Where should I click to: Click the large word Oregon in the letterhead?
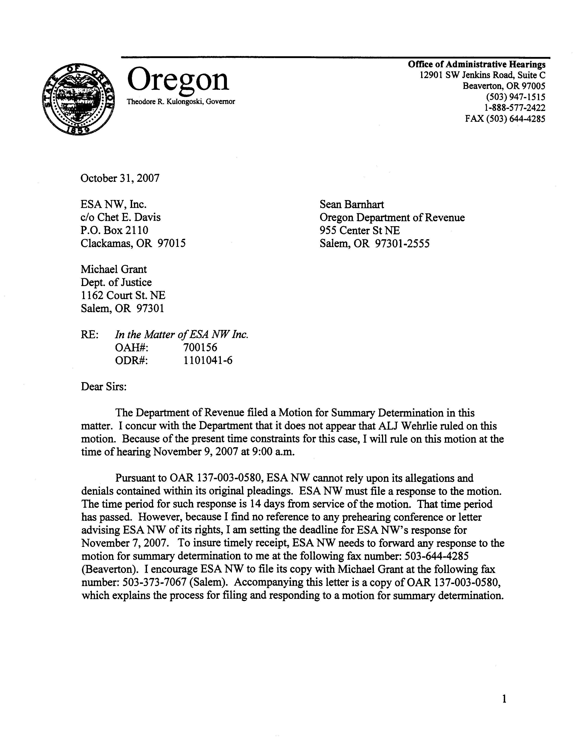[x=178, y=79]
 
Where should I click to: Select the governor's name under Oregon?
[x=181, y=101]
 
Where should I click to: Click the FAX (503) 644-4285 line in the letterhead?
[x=505, y=119]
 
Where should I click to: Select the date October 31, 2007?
[x=120, y=178]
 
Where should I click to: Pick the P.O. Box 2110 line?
[x=115, y=230]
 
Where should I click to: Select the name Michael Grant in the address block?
[x=113, y=269]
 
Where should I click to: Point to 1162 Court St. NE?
[x=123, y=295]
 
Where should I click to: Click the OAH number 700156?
[x=200, y=347]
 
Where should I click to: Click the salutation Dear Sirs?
[x=104, y=387]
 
